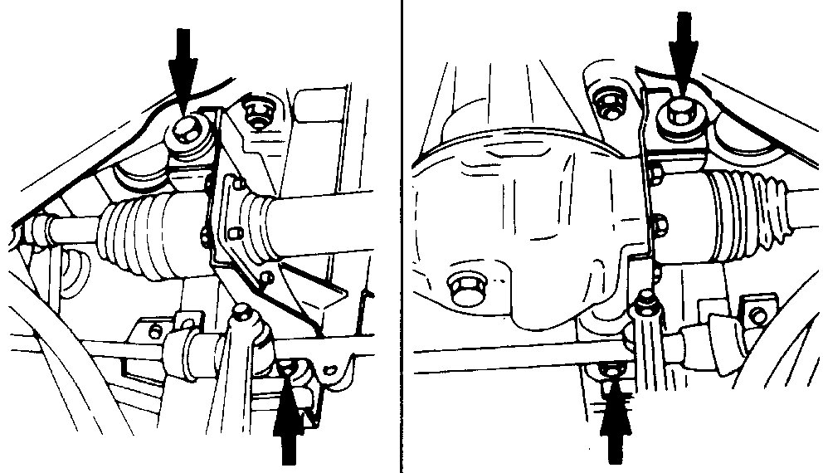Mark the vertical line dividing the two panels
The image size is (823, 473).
point(402,236)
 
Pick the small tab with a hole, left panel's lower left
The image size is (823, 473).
point(153,331)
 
